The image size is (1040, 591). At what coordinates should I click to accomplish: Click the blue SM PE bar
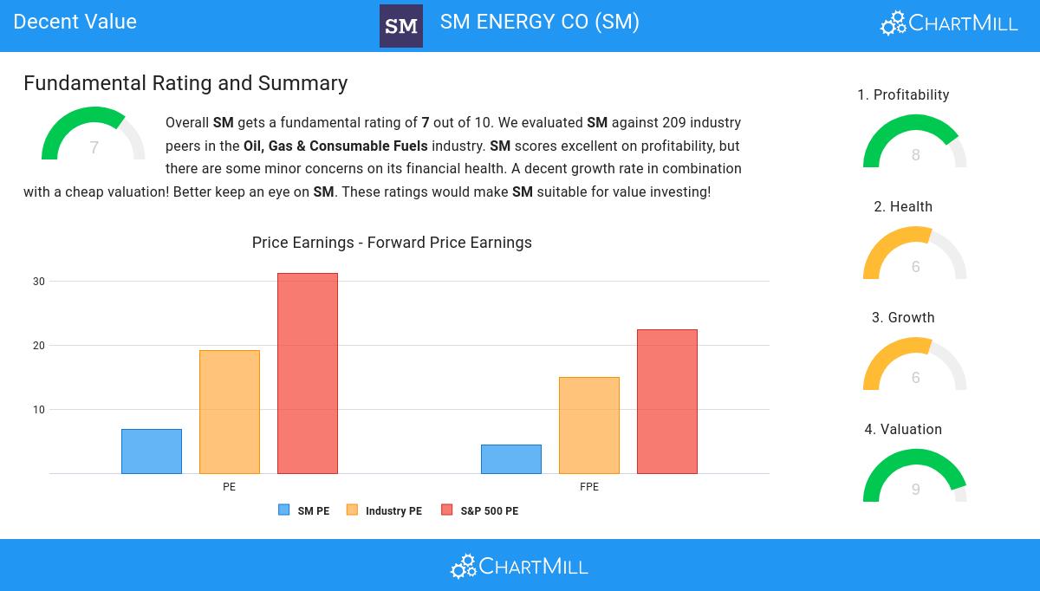point(152,451)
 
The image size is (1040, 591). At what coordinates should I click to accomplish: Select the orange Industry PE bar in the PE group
point(230,412)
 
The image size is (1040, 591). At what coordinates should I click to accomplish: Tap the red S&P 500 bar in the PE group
point(308,373)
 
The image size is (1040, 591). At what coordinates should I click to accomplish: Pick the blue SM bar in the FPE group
point(511,459)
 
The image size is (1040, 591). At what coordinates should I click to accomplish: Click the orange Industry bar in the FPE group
point(589,425)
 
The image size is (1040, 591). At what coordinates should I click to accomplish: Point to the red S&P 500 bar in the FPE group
point(667,401)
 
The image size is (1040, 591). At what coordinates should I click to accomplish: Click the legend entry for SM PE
point(304,510)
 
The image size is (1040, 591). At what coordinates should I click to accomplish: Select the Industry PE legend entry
point(384,510)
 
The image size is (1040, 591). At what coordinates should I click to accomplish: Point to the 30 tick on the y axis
point(39,282)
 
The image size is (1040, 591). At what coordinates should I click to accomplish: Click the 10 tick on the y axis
point(39,410)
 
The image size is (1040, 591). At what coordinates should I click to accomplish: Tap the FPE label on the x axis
point(589,487)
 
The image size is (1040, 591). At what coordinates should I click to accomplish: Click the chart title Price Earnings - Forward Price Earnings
point(392,243)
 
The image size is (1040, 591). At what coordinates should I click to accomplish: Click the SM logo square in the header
point(401,26)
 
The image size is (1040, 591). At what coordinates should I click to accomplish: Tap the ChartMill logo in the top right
point(949,23)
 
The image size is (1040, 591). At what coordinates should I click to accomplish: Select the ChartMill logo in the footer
point(519,566)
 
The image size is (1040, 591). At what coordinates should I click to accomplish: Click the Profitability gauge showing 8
point(915,143)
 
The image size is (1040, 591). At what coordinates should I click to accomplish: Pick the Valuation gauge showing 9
point(915,477)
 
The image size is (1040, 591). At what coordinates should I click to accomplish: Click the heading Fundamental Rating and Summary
point(185,83)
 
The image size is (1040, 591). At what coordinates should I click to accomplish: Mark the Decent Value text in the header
point(75,22)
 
